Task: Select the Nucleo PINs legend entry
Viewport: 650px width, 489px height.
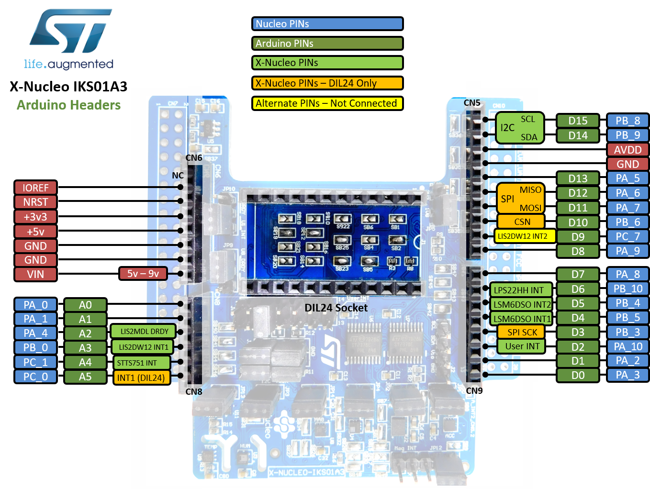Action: point(327,24)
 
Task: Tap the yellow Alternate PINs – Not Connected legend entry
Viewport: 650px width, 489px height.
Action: point(327,103)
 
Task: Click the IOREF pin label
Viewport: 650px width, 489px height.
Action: point(35,188)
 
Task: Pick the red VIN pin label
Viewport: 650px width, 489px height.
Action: point(35,274)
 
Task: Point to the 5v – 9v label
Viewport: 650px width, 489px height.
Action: point(143,273)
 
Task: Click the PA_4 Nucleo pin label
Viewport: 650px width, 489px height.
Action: point(35,333)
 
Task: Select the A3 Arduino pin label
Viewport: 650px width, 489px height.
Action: point(85,348)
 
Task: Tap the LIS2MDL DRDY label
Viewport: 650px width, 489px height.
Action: point(144,331)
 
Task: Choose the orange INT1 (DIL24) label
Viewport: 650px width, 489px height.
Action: point(141,378)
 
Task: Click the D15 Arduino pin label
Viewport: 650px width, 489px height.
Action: point(578,121)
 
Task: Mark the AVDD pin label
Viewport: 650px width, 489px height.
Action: point(628,150)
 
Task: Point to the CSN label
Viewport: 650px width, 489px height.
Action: point(522,222)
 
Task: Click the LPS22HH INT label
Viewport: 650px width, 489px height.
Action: point(519,290)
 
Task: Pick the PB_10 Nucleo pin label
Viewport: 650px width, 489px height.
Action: point(628,289)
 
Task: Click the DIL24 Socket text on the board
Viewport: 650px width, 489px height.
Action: point(336,308)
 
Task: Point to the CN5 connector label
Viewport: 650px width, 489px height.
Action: point(472,103)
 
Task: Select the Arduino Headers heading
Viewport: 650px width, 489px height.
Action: point(69,105)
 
